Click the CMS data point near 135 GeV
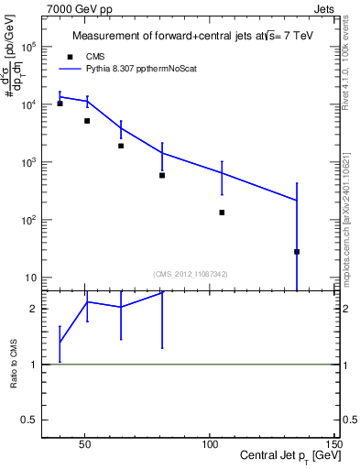pyautogui.click(x=297, y=252)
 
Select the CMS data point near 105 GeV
pyautogui.click(x=222, y=213)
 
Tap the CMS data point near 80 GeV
pyautogui.click(x=162, y=175)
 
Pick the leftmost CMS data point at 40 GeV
pyautogui.click(x=60, y=104)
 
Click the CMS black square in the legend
pyautogui.click(x=71, y=55)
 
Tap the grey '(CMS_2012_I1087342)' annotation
pyautogui.click(x=191, y=273)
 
